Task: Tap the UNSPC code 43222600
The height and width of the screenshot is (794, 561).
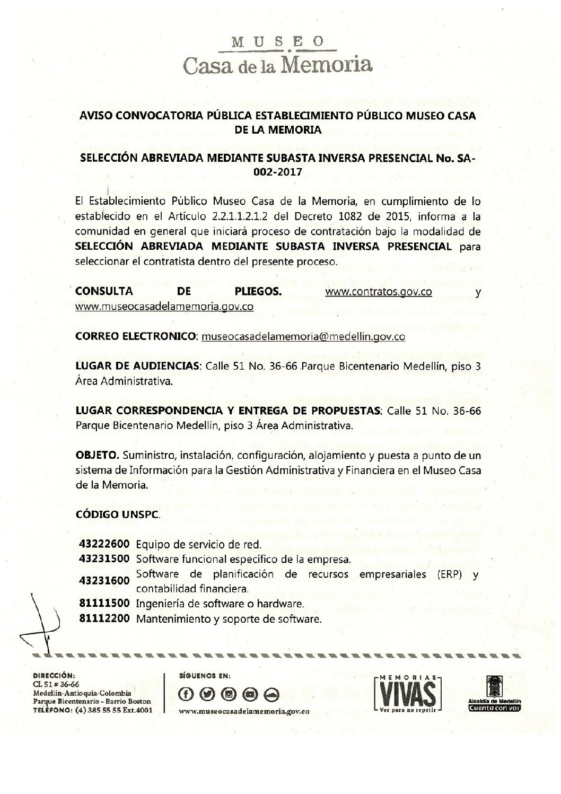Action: pyautogui.click(x=104, y=545)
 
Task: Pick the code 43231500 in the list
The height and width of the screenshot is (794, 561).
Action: pyautogui.click(x=104, y=559)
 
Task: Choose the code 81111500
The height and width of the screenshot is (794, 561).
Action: pyautogui.click(x=104, y=604)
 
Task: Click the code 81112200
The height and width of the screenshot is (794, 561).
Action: pyautogui.click(x=104, y=619)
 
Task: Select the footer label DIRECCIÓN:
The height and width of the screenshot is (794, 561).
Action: pyautogui.click(x=52, y=676)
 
